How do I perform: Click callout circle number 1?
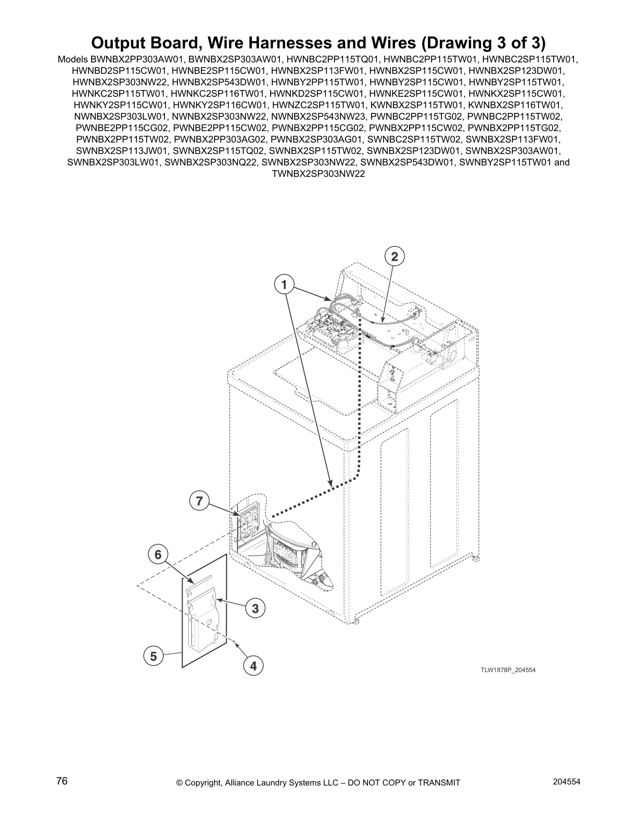[x=284, y=285]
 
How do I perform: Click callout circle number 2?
[x=394, y=256]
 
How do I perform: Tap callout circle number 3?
[x=255, y=608]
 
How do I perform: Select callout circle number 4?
[x=253, y=665]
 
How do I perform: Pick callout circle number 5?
[x=153, y=656]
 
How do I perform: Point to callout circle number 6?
[x=158, y=555]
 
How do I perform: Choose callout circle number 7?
[x=199, y=501]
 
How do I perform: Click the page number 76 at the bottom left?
[x=62, y=781]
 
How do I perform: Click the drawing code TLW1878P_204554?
[x=507, y=669]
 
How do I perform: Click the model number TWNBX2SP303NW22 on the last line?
[x=318, y=174]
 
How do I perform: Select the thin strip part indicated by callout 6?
[x=199, y=580]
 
